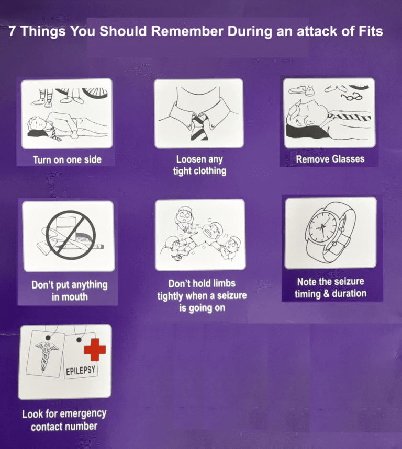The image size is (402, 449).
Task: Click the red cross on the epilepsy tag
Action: coord(95,350)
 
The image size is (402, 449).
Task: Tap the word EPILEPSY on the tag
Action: coord(81,371)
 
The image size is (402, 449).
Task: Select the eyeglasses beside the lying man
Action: coord(352,97)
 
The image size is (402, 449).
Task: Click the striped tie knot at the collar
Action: coord(199,118)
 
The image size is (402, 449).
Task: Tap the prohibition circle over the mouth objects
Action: coord(71,235)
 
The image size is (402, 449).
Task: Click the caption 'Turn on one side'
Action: coord(67,160)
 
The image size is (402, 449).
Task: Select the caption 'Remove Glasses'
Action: coord(330,159)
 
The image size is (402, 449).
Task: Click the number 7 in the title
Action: coord(12,31)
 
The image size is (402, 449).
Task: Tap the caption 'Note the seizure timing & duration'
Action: coord(331,288)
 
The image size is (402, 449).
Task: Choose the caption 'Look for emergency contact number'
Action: coord(64,420)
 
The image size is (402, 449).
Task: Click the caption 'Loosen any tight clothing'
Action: coord(199,165)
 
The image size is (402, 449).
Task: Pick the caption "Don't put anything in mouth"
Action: coord(70,291)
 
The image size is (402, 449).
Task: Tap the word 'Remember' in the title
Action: coord(187,31)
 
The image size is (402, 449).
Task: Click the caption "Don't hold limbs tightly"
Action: coord(202,295)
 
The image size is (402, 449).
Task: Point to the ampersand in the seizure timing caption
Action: coord(326,294)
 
